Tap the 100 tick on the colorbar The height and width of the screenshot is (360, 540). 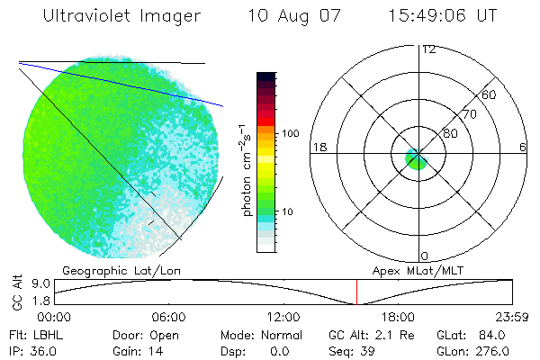pos(292,133)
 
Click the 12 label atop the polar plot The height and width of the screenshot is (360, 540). pos(429,49)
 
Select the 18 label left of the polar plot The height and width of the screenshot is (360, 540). pos(319,147)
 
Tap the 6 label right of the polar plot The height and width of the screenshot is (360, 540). pos(523,147)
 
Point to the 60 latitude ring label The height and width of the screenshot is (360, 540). pos(490,94)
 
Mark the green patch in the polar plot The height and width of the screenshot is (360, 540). pos(416,161)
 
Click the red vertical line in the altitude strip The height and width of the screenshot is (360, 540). pos(356,292)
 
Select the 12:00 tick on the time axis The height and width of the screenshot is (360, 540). pos(284,317)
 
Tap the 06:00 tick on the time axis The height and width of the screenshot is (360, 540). pos(169,317)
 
